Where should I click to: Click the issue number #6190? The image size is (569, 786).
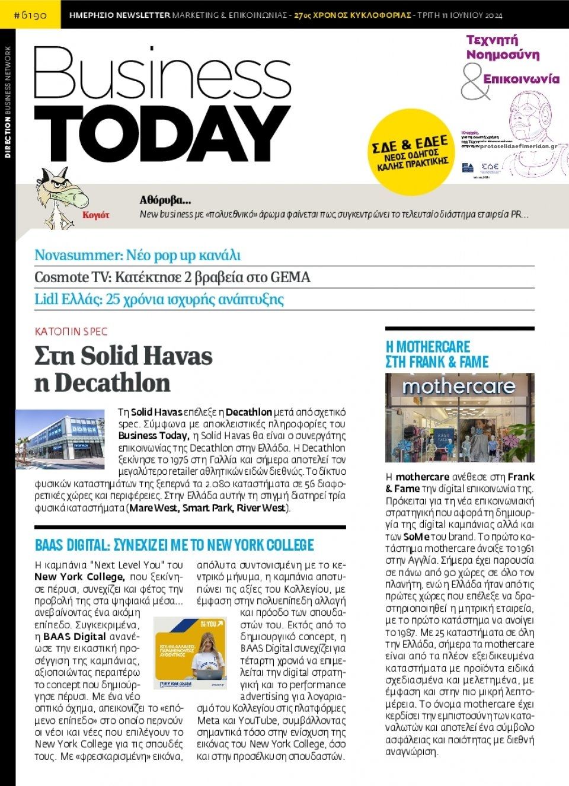click(x=30, y=14)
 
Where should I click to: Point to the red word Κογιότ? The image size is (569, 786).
click(x=96, y=215)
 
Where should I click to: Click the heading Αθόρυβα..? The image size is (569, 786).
click(x=165, y=200)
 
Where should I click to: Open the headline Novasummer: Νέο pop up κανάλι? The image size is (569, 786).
click(x=138, y=255)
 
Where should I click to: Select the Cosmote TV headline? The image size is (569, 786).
click(x=172, y=277)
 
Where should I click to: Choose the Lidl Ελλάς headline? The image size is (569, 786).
click(x=159, y=299)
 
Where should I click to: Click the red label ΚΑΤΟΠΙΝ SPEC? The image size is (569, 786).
click(x=71, y=331)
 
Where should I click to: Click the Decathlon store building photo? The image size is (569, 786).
click(x=60, y=439)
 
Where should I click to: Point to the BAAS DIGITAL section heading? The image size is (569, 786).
click(x=174, y=545)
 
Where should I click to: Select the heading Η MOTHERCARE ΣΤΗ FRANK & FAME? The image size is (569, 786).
click(x=437, y=354)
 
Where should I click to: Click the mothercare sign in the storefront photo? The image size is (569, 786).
click(x=459, y=387)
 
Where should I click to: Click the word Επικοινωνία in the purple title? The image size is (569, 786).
click(x=521, y=79)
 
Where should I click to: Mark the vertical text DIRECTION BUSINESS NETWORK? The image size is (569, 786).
click(x=8, y=102)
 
